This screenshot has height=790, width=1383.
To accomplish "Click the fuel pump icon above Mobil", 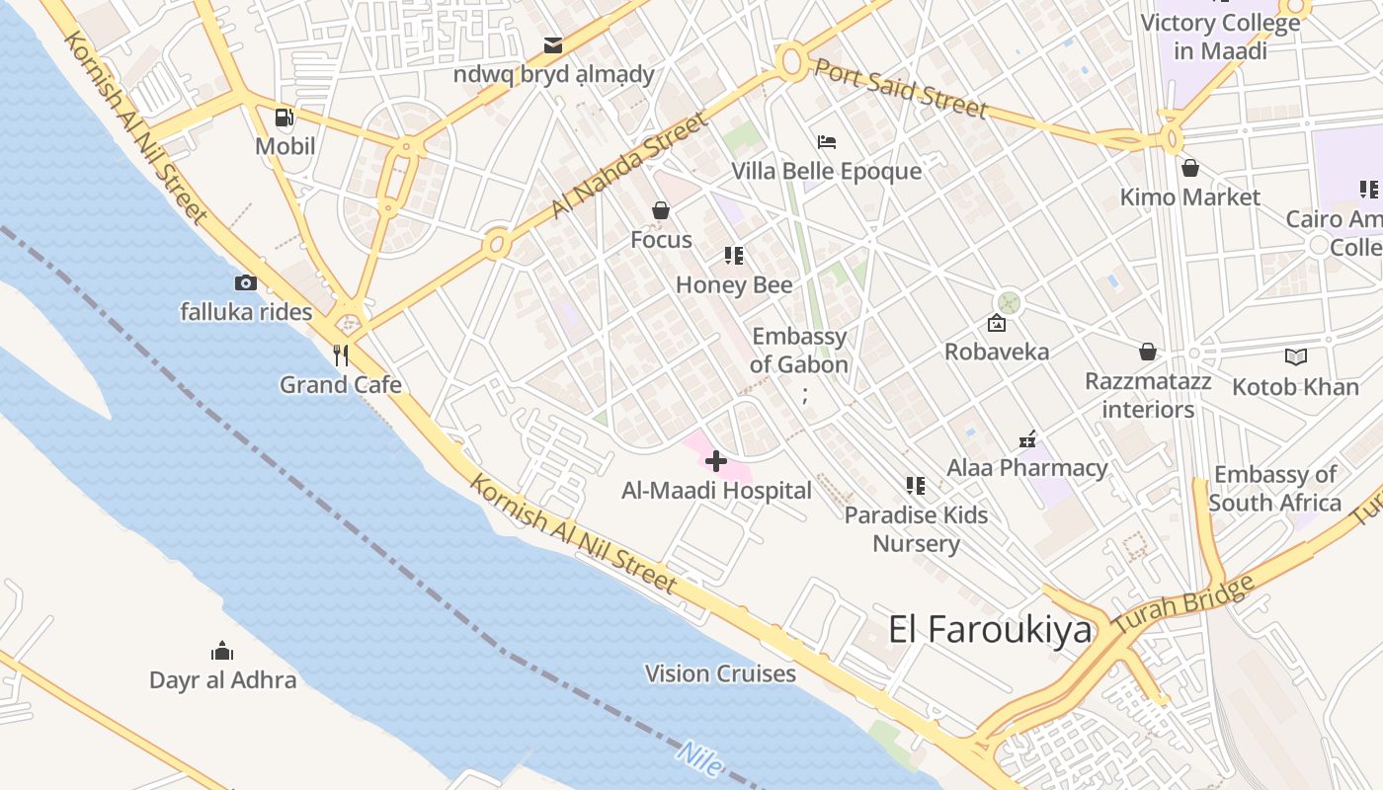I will click(285, 118).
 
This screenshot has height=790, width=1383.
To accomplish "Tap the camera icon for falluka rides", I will click(246, 283).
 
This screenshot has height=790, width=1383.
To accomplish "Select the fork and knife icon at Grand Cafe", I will click(341, 355).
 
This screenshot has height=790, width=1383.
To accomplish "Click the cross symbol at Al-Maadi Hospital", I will click(716, 460).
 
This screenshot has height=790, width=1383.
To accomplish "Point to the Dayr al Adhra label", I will click(222, 679).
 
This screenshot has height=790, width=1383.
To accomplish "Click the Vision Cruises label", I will click(720, 673).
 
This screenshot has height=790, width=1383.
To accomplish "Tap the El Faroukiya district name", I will click(990, 629).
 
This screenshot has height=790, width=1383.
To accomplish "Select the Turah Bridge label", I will click(1183, 604).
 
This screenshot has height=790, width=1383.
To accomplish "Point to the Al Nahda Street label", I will click(629, 165).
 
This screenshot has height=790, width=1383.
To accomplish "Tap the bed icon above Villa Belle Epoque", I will click(827, 143).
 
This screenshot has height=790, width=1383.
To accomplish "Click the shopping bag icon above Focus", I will click(661, 210).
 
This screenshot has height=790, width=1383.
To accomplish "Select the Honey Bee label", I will click(734, 285).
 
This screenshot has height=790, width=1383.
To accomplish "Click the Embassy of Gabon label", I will click(799, 351).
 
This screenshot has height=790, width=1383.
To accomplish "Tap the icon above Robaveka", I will click(997, 323).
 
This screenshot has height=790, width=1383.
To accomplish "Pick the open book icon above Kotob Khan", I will click(1295, 356).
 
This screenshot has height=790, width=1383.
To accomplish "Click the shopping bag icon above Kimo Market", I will click(1190, 168).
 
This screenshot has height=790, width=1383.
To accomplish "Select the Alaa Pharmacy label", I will click(1027, 467).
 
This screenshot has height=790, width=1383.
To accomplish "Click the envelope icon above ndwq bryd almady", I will click(553, 45).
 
